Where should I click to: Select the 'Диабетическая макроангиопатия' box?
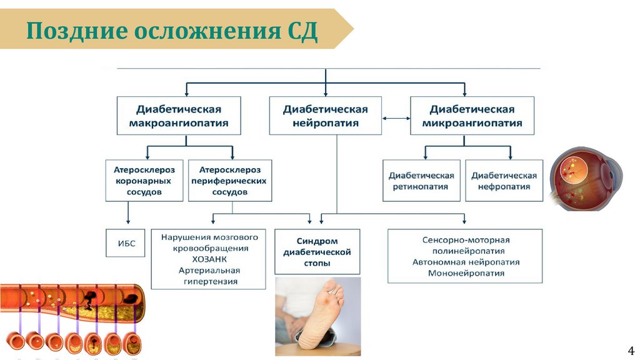point(178,116)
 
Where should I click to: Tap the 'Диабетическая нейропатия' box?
point(325,116)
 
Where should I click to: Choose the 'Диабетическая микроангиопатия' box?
point(472,116)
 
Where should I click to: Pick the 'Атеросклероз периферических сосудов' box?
point(230,181)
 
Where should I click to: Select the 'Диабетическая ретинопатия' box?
point(421,181)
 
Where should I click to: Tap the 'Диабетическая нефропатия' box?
point(504,181)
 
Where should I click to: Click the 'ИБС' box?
point(125,242)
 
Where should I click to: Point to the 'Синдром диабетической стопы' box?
point(317,252)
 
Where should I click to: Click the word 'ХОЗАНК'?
point(209,259)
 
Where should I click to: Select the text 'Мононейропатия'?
point(466,273)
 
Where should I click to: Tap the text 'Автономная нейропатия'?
point(466,262)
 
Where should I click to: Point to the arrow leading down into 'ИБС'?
point(128,216)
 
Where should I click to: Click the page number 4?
point(630,349)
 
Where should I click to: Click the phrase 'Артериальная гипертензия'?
point(209,276)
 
